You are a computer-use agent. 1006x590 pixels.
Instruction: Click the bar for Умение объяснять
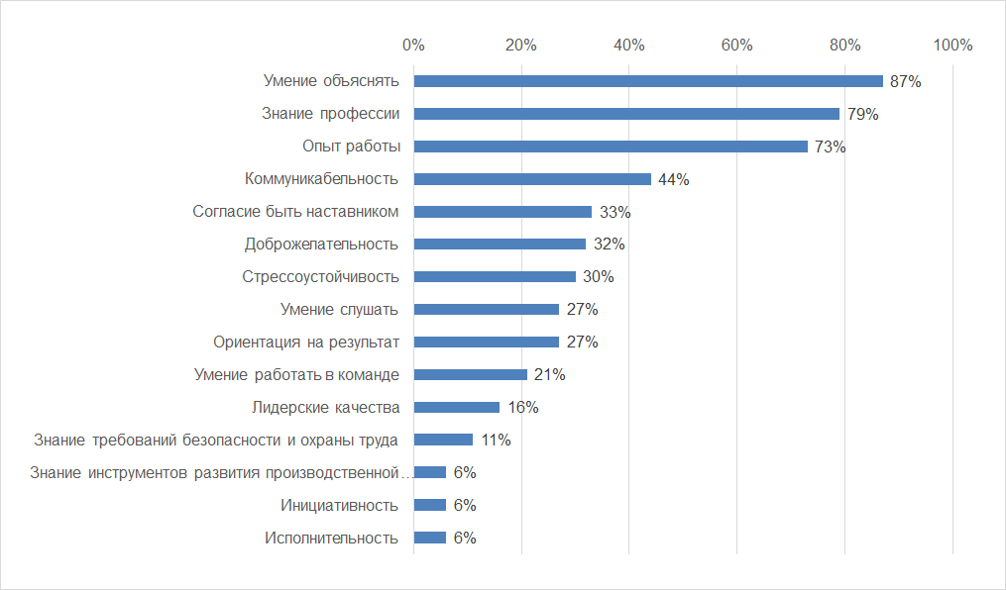(x=647, y=81)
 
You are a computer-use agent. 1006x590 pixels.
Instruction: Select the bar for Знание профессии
(x=626, y=114)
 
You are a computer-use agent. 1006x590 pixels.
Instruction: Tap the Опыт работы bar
(x=611, y=147)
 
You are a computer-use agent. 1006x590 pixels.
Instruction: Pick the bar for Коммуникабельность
(x=532, y=179)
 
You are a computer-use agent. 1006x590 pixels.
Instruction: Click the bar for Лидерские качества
(x=456, y=407)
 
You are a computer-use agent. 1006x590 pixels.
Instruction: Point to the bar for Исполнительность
(x=429, y=538)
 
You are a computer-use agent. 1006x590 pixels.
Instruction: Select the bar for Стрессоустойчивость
(x=495, y=276)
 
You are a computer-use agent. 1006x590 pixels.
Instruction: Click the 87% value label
(x=905, y=81)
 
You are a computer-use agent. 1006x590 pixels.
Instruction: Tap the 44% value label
(x=673, y=179)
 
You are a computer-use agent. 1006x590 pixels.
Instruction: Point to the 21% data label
(x=549, y=374)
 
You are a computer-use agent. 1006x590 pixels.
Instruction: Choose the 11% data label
(x=495, y=440)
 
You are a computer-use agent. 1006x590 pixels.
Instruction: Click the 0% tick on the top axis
(x=413, y=45)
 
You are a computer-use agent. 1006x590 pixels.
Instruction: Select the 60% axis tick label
(x=737, y=45)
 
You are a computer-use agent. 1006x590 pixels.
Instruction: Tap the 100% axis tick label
(x=953, y=45)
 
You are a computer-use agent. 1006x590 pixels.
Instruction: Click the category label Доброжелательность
(x=321, y=244)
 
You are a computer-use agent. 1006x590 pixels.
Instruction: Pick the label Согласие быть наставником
(x=295, y=211)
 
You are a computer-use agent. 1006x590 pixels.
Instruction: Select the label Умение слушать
(x=339, y=309)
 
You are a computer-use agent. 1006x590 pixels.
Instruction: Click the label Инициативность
(x=340, y=505)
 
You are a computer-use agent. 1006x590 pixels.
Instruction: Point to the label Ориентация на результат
(x=306, y=342)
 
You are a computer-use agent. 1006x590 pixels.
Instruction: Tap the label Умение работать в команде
(x=295, y=374)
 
